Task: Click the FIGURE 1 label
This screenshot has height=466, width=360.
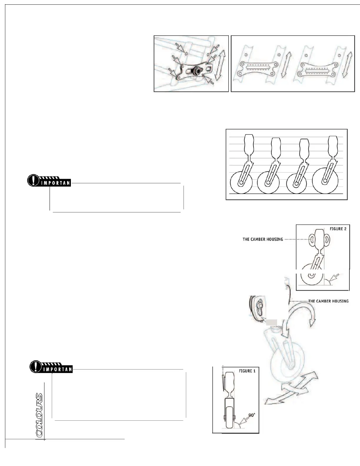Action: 247,371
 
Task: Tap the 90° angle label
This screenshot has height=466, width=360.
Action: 252,415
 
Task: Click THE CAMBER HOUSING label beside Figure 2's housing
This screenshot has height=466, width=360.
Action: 263,239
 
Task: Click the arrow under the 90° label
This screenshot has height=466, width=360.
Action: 245,422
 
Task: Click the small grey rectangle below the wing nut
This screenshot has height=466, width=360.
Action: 271,322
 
